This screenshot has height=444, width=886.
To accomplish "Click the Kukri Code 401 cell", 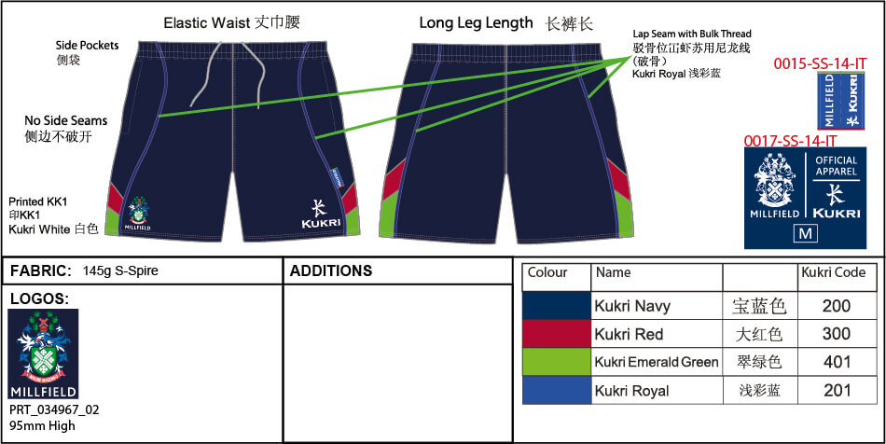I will [x=836, y=362].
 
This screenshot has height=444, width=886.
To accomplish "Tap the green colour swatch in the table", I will [x=557, y=362].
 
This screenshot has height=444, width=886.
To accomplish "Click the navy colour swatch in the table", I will [x=557, y=306].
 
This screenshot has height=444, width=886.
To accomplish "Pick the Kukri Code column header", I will [x=833, y=272].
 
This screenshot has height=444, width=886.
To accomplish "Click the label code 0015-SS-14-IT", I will [x=821, y=63].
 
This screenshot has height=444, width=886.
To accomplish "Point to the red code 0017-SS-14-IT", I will [x=790, y=141].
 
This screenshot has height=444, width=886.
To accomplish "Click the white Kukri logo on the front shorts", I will [x=320, y=215].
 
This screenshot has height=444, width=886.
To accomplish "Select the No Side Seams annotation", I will [x=66, y=128].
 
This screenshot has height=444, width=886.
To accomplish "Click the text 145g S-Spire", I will [x=120, y=271].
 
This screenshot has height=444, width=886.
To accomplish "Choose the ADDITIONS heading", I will [x=331, y=271].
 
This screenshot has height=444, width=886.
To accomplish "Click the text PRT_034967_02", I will [x=54, y=409].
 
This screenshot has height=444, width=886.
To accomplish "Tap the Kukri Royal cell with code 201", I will [x=836, y=390].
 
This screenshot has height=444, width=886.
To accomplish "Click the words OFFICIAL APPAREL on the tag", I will [x=836, y=166].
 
